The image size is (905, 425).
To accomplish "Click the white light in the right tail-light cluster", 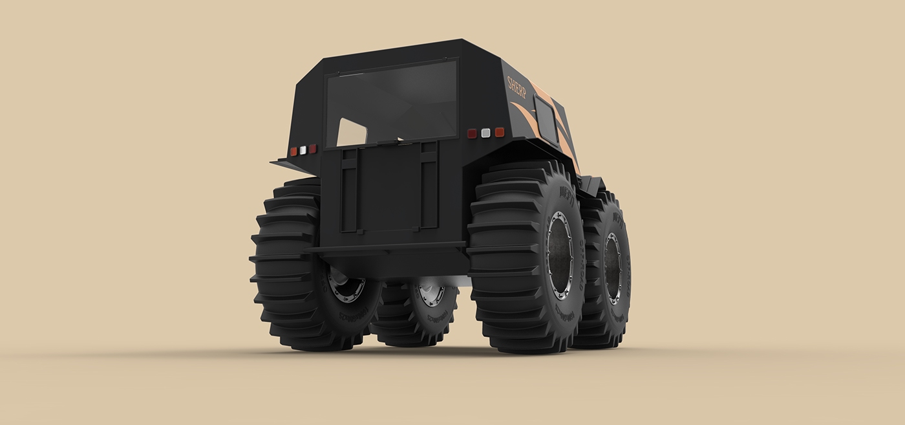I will tap(485, 133).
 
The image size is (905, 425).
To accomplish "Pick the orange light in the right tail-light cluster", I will tap(499, 132).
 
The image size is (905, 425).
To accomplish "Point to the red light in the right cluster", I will tap(472, 133).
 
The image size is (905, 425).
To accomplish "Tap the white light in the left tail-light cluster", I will tap(303, 150).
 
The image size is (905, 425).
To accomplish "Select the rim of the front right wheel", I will tap(612, 268).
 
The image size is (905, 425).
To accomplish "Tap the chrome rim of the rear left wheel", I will tap(346, 285).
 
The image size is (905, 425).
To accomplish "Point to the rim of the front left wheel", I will tap(430, 294).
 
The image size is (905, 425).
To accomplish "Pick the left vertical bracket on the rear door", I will tap(348, 188).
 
